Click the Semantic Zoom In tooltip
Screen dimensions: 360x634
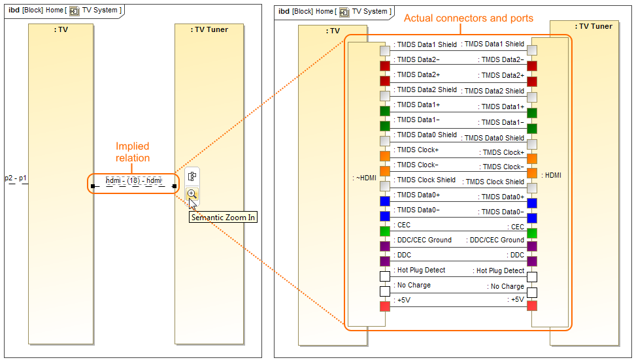[223, 218]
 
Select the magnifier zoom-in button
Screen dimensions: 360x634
[192, 194]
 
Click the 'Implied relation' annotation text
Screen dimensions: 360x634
[133, 152]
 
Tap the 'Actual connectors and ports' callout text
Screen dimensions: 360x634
[468, 18]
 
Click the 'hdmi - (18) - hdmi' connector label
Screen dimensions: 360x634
[134, 180]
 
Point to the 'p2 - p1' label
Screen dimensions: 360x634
[16, 178]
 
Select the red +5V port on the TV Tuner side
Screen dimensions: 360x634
[532, 306]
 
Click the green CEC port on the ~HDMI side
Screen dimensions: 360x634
[384, 231]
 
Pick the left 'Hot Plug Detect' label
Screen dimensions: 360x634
[421, 270]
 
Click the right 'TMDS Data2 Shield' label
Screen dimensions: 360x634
[493, 91]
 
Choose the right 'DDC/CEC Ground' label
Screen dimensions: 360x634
[495, 240]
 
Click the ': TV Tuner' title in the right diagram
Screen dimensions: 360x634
[593, 26]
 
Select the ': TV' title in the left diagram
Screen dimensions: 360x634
[61, 30]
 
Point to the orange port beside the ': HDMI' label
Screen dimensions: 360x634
[532, 173]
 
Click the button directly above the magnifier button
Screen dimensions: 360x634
[192, 176]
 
